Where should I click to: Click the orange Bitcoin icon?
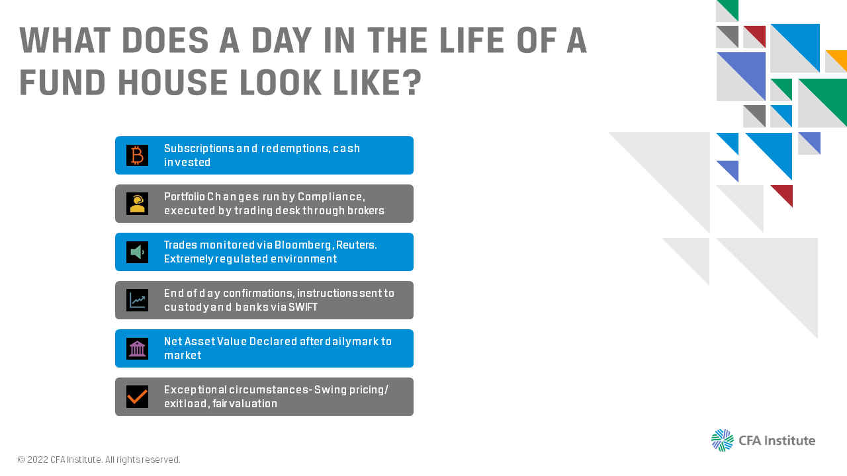click(137, 155)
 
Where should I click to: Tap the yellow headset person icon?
click(137, 204)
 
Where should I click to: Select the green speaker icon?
click(137, 252)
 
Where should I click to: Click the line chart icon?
click(137, 300)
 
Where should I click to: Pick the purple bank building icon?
click(137, 348)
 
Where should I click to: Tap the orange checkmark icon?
click(137, 397)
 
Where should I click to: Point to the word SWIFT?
click(303, 307)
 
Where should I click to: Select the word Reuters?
click(356, 245)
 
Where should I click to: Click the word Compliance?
click(332, 197)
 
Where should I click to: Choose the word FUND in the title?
click(62, 83)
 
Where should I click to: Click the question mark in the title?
click(412, 82)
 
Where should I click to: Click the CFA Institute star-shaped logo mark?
click(722, 440)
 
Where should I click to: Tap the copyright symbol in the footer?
click(21, 459)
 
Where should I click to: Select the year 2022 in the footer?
click(38, 459)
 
